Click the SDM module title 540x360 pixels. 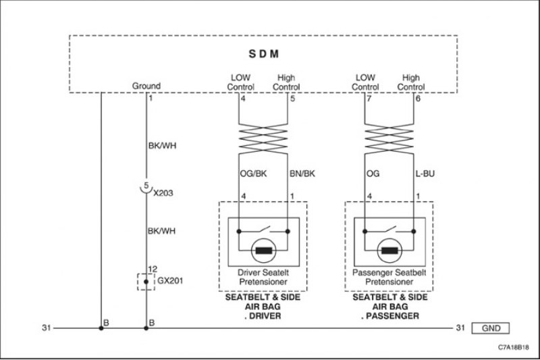pos(264,54)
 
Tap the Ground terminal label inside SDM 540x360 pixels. pos(146,86)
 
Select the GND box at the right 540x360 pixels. pos(491,328)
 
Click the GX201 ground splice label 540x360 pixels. pos(170,281)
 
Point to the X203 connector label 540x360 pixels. pos(163,193)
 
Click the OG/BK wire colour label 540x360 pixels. pos(254,174)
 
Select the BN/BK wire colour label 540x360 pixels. pos(302,174)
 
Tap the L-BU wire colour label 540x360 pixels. pos(425,174)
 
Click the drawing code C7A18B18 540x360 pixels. pos(514,347)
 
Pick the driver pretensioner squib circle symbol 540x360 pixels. pos(264,251)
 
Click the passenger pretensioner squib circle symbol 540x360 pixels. pos(390,251)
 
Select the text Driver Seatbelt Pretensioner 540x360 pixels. pos(263,277)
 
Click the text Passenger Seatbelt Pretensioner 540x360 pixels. pos(389,277)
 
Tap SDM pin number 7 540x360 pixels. pos(369,99)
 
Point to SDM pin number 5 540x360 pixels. pos(292,99)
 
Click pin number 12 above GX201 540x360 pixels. pos(153,269)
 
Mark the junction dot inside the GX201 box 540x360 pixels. pos(146,282)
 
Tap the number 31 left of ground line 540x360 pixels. pos(47,328)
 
